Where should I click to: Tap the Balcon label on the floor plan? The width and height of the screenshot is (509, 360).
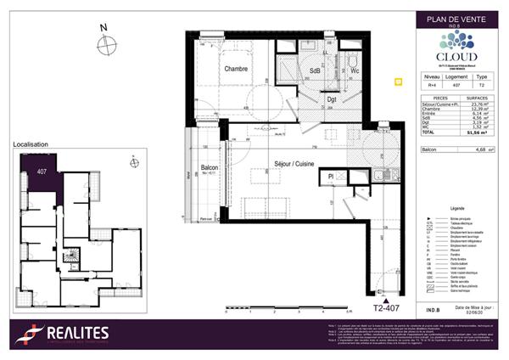point(210,168)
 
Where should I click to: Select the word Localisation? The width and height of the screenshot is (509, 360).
point(32,145)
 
